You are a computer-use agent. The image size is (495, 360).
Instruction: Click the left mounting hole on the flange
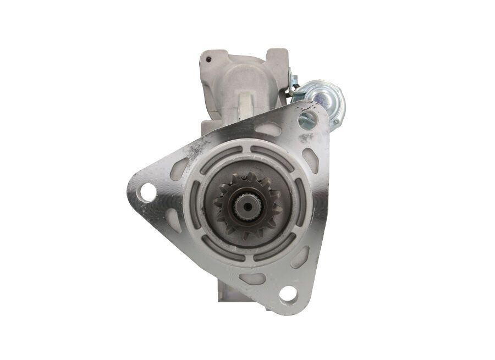tap(147, 192)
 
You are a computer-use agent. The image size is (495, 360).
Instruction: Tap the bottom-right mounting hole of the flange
tap(287, 294)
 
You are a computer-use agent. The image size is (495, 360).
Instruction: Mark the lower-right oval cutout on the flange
tap(300, 257)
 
